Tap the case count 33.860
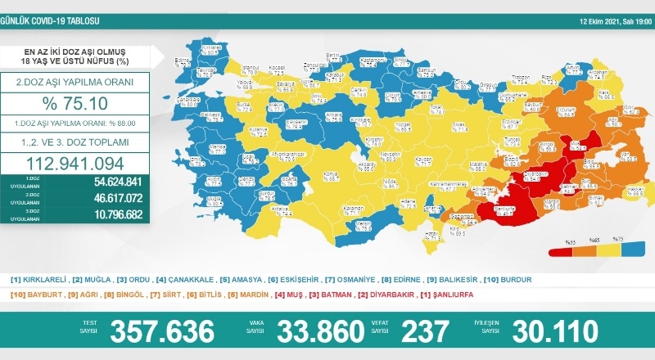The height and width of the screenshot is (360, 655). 320,331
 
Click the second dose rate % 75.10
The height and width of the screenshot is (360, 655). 76,104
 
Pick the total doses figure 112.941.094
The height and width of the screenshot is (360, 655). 76,161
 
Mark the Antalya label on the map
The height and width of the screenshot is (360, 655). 260,209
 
